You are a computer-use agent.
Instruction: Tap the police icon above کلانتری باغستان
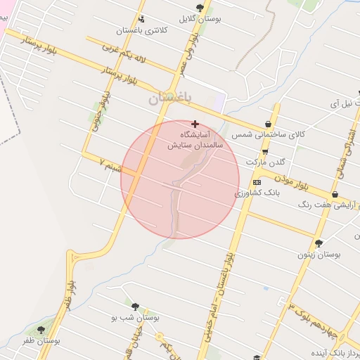(x=142, y=19)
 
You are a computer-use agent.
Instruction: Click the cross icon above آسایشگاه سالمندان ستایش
(x=195, y=124)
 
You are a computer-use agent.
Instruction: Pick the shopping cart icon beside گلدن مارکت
(x=264, y=152)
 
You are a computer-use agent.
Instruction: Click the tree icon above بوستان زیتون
(x=319, y=243)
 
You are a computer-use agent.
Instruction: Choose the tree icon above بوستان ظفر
(x=40, y=329)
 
